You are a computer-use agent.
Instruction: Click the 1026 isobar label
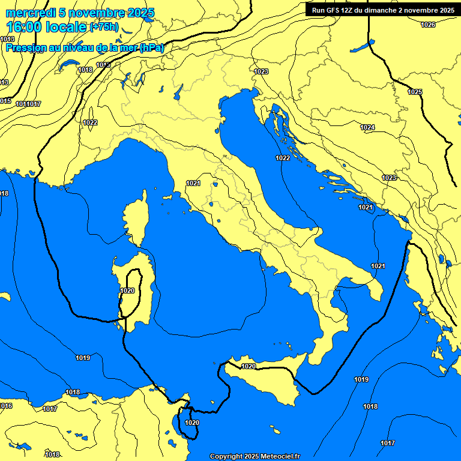click(x=427, y=25)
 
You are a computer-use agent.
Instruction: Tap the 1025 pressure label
click(x=415, y=92)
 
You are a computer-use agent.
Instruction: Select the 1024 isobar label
click(x=367, y=127)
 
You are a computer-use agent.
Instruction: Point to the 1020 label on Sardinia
click(x=127, y=291)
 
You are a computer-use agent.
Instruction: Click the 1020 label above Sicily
click(x=249, y=366)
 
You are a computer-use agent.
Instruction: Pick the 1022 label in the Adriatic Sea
click(x=283, y=158)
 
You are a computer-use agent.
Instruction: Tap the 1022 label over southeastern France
click(x=90, y=122)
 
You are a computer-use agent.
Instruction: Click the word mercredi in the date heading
click(x=27, y=13)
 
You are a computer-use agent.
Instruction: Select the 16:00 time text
click(x=24, y=27)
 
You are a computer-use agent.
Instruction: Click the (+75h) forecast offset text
click(x=104, y=28)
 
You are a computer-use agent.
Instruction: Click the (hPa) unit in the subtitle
click(x=151, y=48)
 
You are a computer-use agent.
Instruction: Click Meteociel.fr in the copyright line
click(x=280, y=457)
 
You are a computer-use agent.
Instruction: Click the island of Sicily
click(x=264, y=384)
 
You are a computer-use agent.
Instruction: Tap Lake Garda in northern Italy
click(x=178, y=91)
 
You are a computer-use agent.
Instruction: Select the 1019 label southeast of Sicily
click(x=361, y=379)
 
